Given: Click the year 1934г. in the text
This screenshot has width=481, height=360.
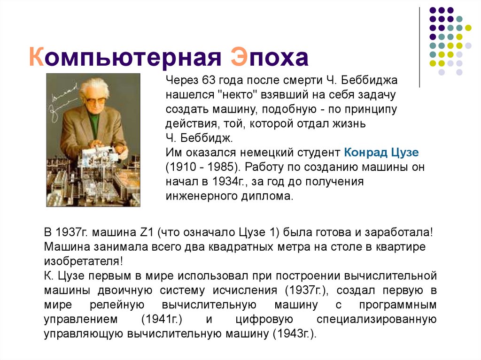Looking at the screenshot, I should pos(226,181).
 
